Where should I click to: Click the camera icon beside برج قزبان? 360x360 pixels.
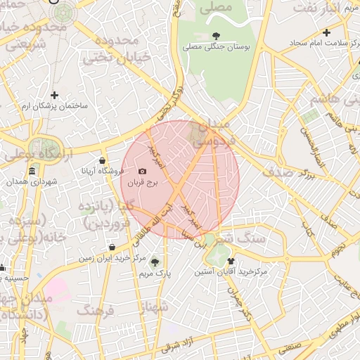coord(143,172)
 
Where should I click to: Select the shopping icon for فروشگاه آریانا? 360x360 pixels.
coord(103,160)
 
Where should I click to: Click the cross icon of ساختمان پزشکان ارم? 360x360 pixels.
coord(54,95)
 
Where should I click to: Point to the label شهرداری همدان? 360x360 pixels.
coord(32,182)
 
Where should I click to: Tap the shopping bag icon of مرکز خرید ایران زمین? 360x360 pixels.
coord(112,247)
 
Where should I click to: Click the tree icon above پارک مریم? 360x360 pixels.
coord(155,262)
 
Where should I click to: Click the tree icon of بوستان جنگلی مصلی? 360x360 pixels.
coord(214,36)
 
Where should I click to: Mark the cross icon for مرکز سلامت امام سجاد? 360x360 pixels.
coord(326,32)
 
